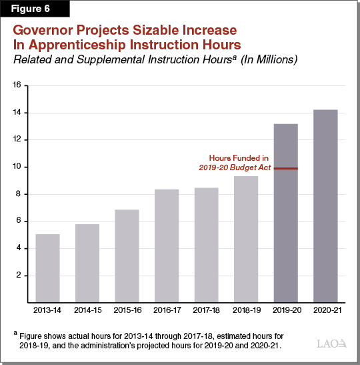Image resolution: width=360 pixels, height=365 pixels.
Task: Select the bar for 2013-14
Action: pos(47,268)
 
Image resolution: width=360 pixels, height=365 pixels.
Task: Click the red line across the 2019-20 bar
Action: pos(285,169)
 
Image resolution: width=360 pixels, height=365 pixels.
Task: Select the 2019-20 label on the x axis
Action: pos(285,311)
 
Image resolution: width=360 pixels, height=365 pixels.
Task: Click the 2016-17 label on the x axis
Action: pos(166,311)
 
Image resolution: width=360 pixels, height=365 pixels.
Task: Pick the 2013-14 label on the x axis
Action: pos(47,311)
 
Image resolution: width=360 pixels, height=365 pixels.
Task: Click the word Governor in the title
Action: pos(52,31)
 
